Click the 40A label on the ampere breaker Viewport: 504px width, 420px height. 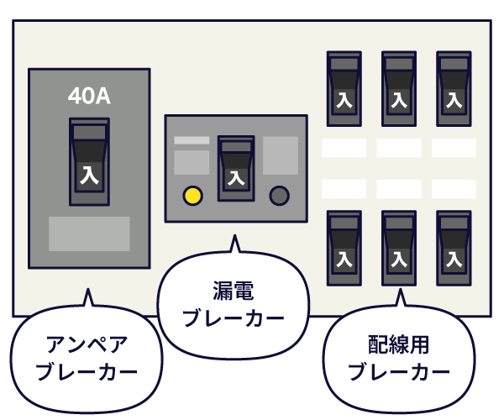coord(89,96)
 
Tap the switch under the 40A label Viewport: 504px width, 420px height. coord(89,161)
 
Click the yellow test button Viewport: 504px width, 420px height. coord(192,196)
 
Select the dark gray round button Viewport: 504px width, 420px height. coord(280,196)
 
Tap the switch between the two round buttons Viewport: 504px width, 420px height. coord(236,168)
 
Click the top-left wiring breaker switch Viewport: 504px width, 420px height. coord(344,89)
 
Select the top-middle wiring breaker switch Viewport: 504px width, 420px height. coord(399,89)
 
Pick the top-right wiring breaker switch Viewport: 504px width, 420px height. coord(454,89)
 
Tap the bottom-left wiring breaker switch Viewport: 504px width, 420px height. coord(344,248)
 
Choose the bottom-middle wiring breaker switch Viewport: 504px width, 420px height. coord(399,248)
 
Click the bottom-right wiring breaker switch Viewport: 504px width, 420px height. coord(454,248)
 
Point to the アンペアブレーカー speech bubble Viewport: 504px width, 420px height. coord(87,359)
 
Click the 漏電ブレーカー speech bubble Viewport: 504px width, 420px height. coord(234,305)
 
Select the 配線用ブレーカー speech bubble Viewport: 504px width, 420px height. coord(399,359)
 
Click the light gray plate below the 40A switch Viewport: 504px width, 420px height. coord(89,234)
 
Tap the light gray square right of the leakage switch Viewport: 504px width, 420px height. coord(281,155)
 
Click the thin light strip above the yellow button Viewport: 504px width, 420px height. coord(192,140)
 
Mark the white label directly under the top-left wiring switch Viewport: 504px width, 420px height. coord(344,148)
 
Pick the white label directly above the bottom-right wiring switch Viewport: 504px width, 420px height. coord(454,189)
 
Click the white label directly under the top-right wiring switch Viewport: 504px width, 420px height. coord(454,148)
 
